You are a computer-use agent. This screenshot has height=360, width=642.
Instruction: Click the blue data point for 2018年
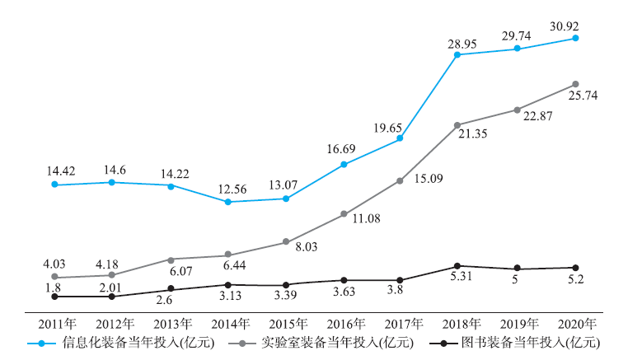tap(458, 55)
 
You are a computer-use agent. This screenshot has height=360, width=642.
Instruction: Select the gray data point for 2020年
tap(575, 84)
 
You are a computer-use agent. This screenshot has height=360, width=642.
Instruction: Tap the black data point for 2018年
tap(458, 266)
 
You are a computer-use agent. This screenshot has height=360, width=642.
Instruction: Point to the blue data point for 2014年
tap(227, 202)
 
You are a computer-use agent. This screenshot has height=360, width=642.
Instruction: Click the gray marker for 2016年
tap(344, 214)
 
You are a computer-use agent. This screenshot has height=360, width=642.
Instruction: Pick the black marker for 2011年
tap(54, 296)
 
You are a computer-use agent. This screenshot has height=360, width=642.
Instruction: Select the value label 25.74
tap(581, 96)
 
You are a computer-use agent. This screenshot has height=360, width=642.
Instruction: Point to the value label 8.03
tap(301, 246)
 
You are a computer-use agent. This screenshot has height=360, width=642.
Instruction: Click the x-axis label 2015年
tap(286, 323)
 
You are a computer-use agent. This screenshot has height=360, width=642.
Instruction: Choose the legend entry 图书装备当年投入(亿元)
tap(537, 343)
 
